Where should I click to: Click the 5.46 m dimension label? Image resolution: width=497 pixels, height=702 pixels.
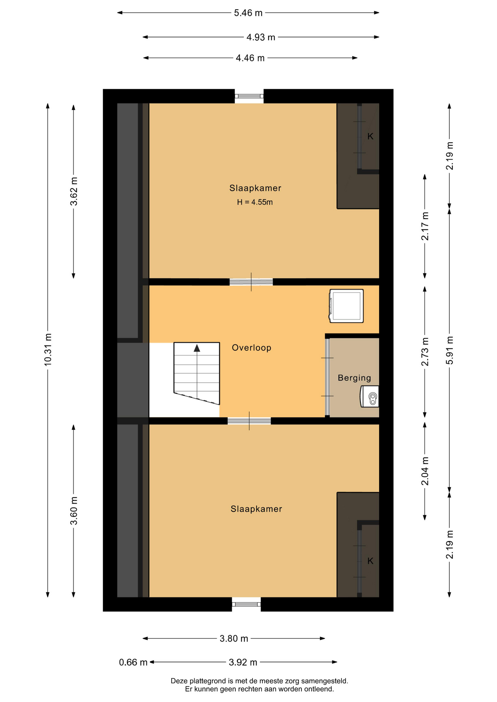pyautogui.click(x=248, y=13)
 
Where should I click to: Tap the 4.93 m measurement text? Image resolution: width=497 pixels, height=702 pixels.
pyautogui.click(x=261, y=37)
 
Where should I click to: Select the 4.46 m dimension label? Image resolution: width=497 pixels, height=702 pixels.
pyautogui.click(x=250, y=58)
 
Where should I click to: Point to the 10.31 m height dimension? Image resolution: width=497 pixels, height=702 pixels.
pyautogui.click(x=48, y=349)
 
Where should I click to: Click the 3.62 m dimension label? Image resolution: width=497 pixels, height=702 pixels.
pyautogui.click(x=74, y=191)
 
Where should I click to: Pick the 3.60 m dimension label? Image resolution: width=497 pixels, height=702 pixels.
pyautogui.click(x=74, y=510)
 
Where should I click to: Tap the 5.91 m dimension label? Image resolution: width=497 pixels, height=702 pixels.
pyautogui.click(x=450, y=350)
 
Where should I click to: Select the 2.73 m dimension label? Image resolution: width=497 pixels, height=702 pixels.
pyautogui.click(x=425, y=352)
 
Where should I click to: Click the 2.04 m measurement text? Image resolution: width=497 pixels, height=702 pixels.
pyautogui.click(x=425, y=471)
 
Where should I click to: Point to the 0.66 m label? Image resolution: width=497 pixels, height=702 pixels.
pyautogui.click(x=133, y=662)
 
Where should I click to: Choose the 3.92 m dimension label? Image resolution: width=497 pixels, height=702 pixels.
pyautogui.click(x=243, y=662)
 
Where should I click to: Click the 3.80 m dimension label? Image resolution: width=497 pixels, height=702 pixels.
pyautogui.click(x=234, y=638)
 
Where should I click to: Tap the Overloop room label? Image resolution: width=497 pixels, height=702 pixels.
pyautogui.click(x=252, y=348)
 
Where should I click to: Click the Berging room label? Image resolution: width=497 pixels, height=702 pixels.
pyautogui.click(x=354, y=378)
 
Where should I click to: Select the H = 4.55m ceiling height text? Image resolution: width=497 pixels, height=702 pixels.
pyautogui.click(x=255, y=202)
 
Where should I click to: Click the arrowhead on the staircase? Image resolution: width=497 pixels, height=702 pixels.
pyautogui.click(x=197, y=348)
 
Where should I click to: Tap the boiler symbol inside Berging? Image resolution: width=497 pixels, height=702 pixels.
pyautogui.click(x=370, y=396)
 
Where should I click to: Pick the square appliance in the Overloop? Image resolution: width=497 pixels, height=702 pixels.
pyautogui.click(x=347, y=306)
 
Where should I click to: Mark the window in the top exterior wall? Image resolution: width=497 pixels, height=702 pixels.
pyautogui.click(x=249, y=96)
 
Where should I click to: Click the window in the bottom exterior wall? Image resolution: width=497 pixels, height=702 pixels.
pyautogui.click(x=246, y=604)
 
